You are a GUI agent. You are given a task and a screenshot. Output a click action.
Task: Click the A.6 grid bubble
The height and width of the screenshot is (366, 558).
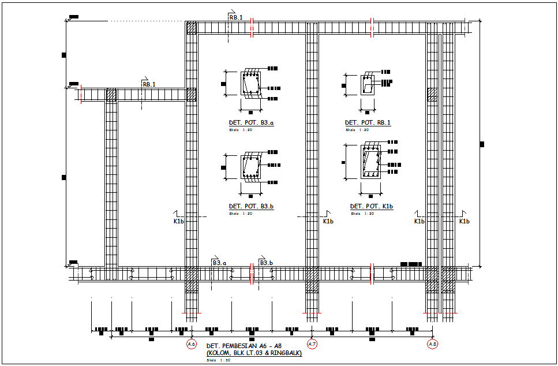(192, 344)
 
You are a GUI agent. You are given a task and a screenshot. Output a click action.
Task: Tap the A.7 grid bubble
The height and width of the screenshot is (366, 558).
(312, 344)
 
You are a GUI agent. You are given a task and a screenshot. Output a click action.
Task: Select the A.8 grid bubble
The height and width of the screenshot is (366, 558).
(433, 344)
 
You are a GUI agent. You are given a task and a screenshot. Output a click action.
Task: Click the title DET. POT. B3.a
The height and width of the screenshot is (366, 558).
(251, 123)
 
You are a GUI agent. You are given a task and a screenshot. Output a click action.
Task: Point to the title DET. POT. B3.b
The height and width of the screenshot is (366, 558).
(251, 206)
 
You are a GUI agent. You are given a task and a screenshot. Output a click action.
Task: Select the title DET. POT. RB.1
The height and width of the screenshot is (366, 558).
(368, 123)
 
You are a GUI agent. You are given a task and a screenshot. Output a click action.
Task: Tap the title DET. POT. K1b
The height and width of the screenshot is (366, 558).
(372, 206)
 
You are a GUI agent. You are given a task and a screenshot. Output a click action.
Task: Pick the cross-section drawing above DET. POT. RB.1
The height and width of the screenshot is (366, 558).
(368, 85)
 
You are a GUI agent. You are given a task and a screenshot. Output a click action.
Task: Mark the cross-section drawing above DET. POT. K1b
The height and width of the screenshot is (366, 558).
(370, 162)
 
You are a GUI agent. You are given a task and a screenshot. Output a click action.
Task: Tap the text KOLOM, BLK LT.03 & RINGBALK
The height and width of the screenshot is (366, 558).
(254, 353)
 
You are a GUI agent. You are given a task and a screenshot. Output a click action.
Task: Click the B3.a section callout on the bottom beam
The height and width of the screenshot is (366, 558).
(219, 263)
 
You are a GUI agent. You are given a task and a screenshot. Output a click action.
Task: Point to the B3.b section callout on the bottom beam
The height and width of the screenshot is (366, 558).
(266, 263)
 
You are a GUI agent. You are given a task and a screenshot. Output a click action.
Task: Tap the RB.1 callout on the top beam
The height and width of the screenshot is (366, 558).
(235, 17)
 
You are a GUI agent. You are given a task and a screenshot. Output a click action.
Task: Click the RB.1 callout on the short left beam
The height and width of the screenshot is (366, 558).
(149, 84)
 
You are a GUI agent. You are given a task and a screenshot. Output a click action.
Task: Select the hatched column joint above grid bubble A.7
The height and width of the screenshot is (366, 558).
(312, 278)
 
